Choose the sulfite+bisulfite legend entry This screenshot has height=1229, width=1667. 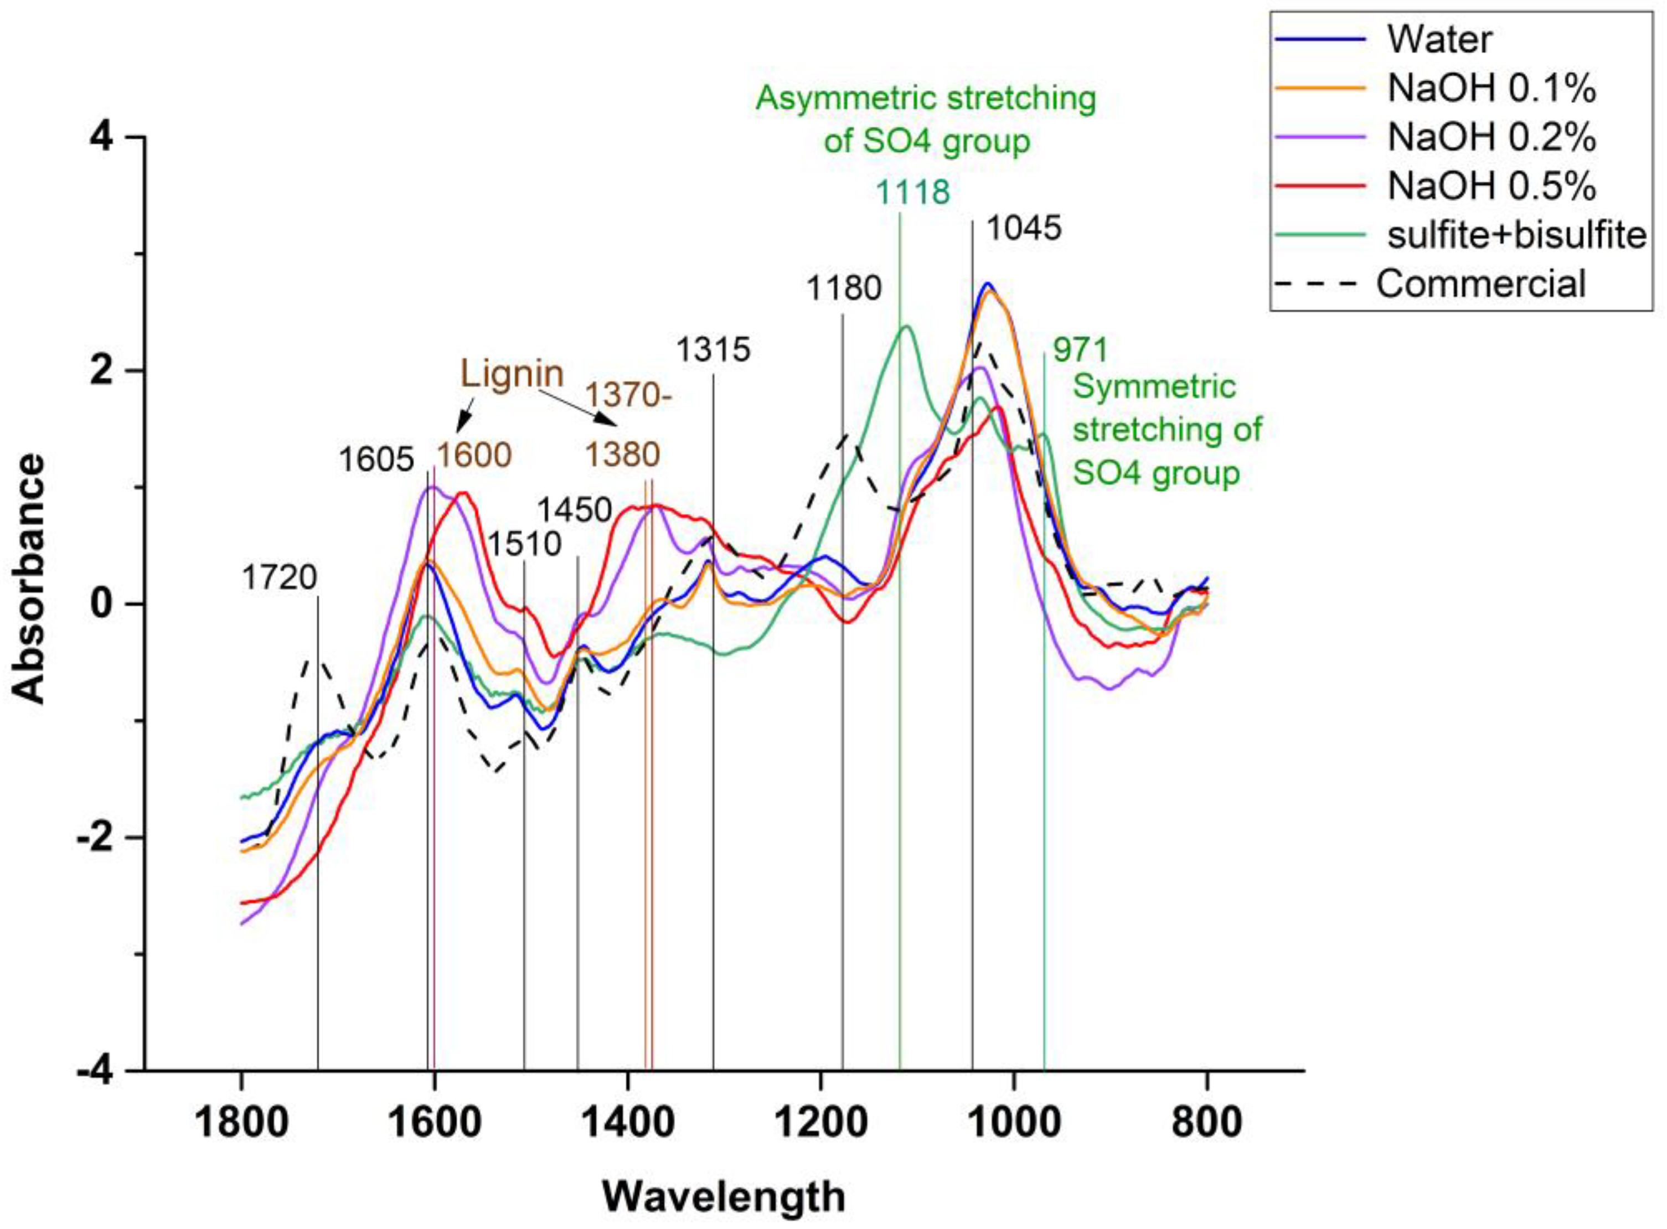tap(1515, 235)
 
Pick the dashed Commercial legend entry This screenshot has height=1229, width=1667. tap(1480, 283)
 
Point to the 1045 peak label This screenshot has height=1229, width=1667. tap(1024, 229)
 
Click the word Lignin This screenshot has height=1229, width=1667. tap(512, 374)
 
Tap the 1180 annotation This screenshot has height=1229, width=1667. tap(844, 288)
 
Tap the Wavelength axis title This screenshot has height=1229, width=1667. tap(723, 1197)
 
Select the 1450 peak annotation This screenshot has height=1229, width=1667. tap(574, 510)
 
